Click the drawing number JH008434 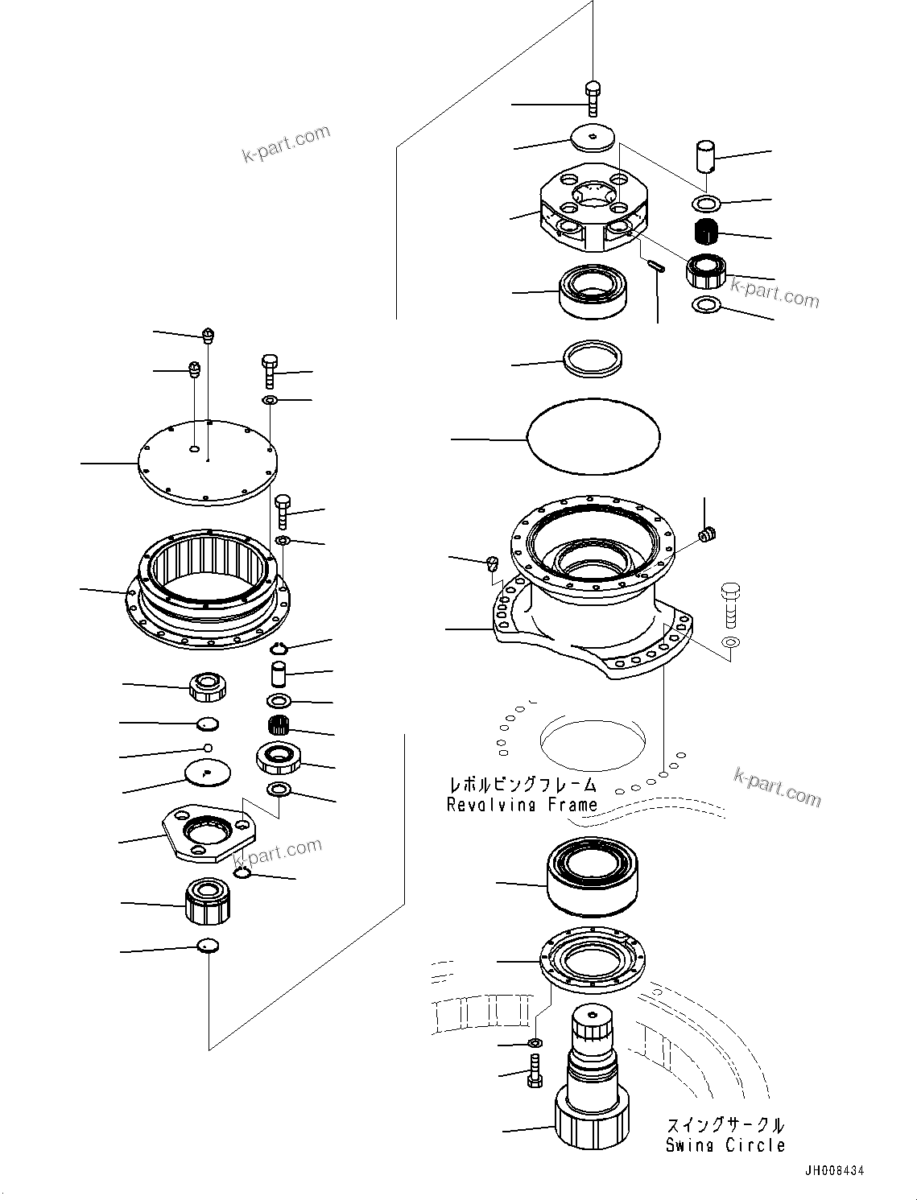[x=832, y=1171]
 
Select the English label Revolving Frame [x=522, y=804]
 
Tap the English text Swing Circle [x=725, y=1145]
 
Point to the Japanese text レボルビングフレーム [x=523, y=785]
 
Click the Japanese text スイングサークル [x=725, y=1125]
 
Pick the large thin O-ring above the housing [x=593, y=435]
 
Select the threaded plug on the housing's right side [x=708, y=534]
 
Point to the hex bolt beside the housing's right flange [x=730, y=604]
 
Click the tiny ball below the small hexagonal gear [x=208, y=748]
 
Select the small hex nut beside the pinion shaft [x=534, y=1043]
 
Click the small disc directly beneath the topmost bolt [x=593, y=138]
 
